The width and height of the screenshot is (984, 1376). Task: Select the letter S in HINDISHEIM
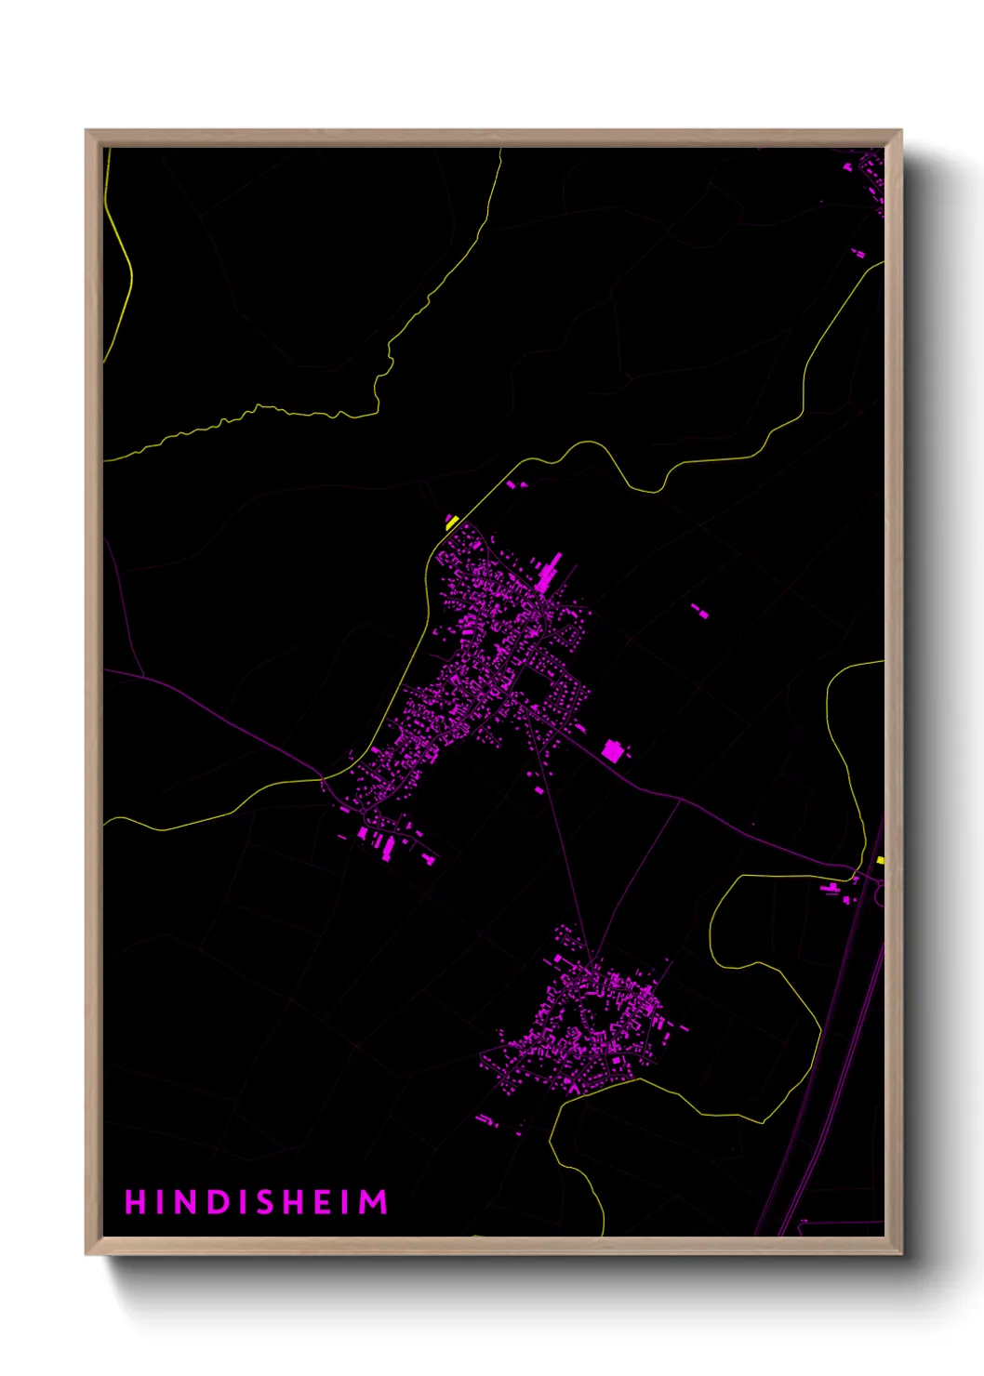coord(263,1202)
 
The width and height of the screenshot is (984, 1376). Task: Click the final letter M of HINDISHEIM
coord(374,1202)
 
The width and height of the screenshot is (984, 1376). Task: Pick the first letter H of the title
coord(136,1202)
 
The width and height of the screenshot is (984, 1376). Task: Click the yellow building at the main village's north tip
coord(452,523)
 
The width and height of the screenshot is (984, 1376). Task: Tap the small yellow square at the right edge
coord(880,860)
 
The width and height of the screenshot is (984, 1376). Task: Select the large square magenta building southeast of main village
coord(612,750)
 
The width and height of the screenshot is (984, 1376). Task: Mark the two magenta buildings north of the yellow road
coord(515,484)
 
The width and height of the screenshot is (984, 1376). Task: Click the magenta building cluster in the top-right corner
coord(871,177)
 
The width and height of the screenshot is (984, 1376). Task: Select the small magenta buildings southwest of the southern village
coord(487,1120)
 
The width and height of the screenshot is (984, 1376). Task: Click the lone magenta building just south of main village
coord(539,790)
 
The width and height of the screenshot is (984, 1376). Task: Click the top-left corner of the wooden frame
coord(86,131)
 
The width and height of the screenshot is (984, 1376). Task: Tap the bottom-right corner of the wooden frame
coord(900,1253)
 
